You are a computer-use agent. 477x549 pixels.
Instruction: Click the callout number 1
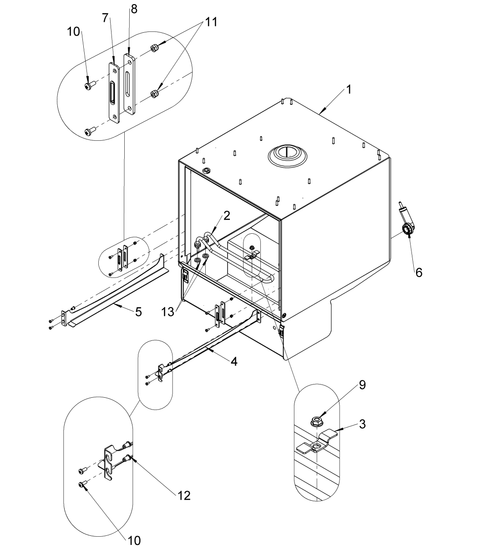pyautogui.click(x=348, y=89)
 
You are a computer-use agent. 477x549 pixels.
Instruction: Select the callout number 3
pyautogui.click(x=362, y=424)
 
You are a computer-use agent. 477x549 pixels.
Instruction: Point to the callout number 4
pyautogui.click(x=233, y=361)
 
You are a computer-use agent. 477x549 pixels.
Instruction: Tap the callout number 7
pyautogui.click(x=105, y=18)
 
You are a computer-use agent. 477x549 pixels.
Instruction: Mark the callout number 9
pyautogui.click(x=362, y=385)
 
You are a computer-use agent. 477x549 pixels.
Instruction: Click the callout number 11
pyautogui.click(x=210, y=21)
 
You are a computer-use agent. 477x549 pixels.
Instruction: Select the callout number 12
pyautogui.click(x=184, y=495)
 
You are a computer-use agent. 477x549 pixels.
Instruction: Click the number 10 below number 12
pyautogui.click(x=134, y=540)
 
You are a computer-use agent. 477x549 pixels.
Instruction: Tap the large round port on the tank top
pyautogui.click(x=287, y=154)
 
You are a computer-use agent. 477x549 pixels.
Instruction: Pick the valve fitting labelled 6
pyautogui.click(x=407, y=228)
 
